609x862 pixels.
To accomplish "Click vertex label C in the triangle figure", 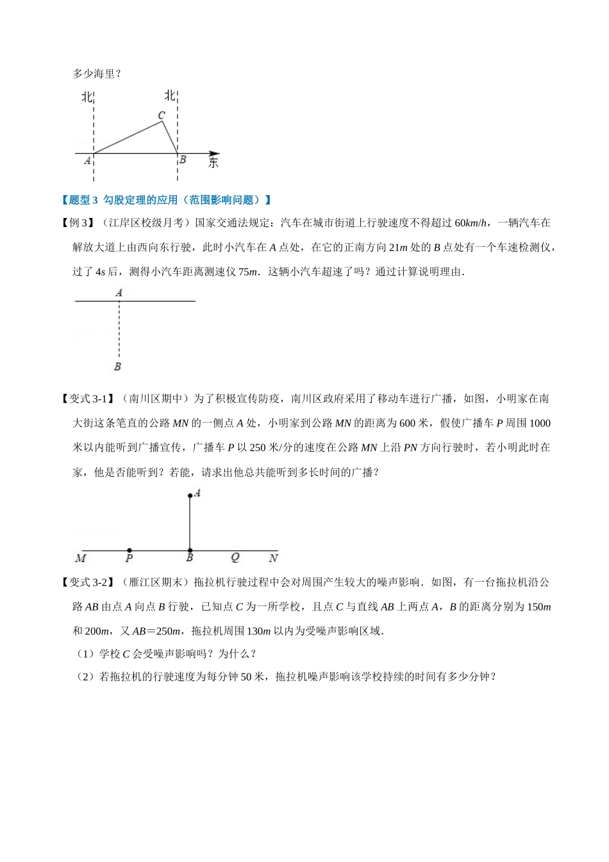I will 162,115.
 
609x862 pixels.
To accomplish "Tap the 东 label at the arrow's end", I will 213,162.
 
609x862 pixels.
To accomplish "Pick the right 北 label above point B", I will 170,96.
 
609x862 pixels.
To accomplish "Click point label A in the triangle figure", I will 87,160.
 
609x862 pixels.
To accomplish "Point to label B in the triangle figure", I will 183,160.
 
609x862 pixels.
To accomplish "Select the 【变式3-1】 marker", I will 88,399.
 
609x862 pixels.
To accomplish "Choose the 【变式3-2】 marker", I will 88,582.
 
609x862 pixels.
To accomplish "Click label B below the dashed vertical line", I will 117,367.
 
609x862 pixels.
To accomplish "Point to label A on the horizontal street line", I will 119,292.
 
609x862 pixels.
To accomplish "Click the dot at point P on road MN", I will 129,550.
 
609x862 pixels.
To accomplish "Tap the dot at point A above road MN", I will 190,495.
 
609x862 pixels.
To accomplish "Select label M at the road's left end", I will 81,559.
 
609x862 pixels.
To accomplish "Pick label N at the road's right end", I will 274,558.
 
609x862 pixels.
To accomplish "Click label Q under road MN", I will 235,558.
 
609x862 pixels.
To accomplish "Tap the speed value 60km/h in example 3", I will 470,223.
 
